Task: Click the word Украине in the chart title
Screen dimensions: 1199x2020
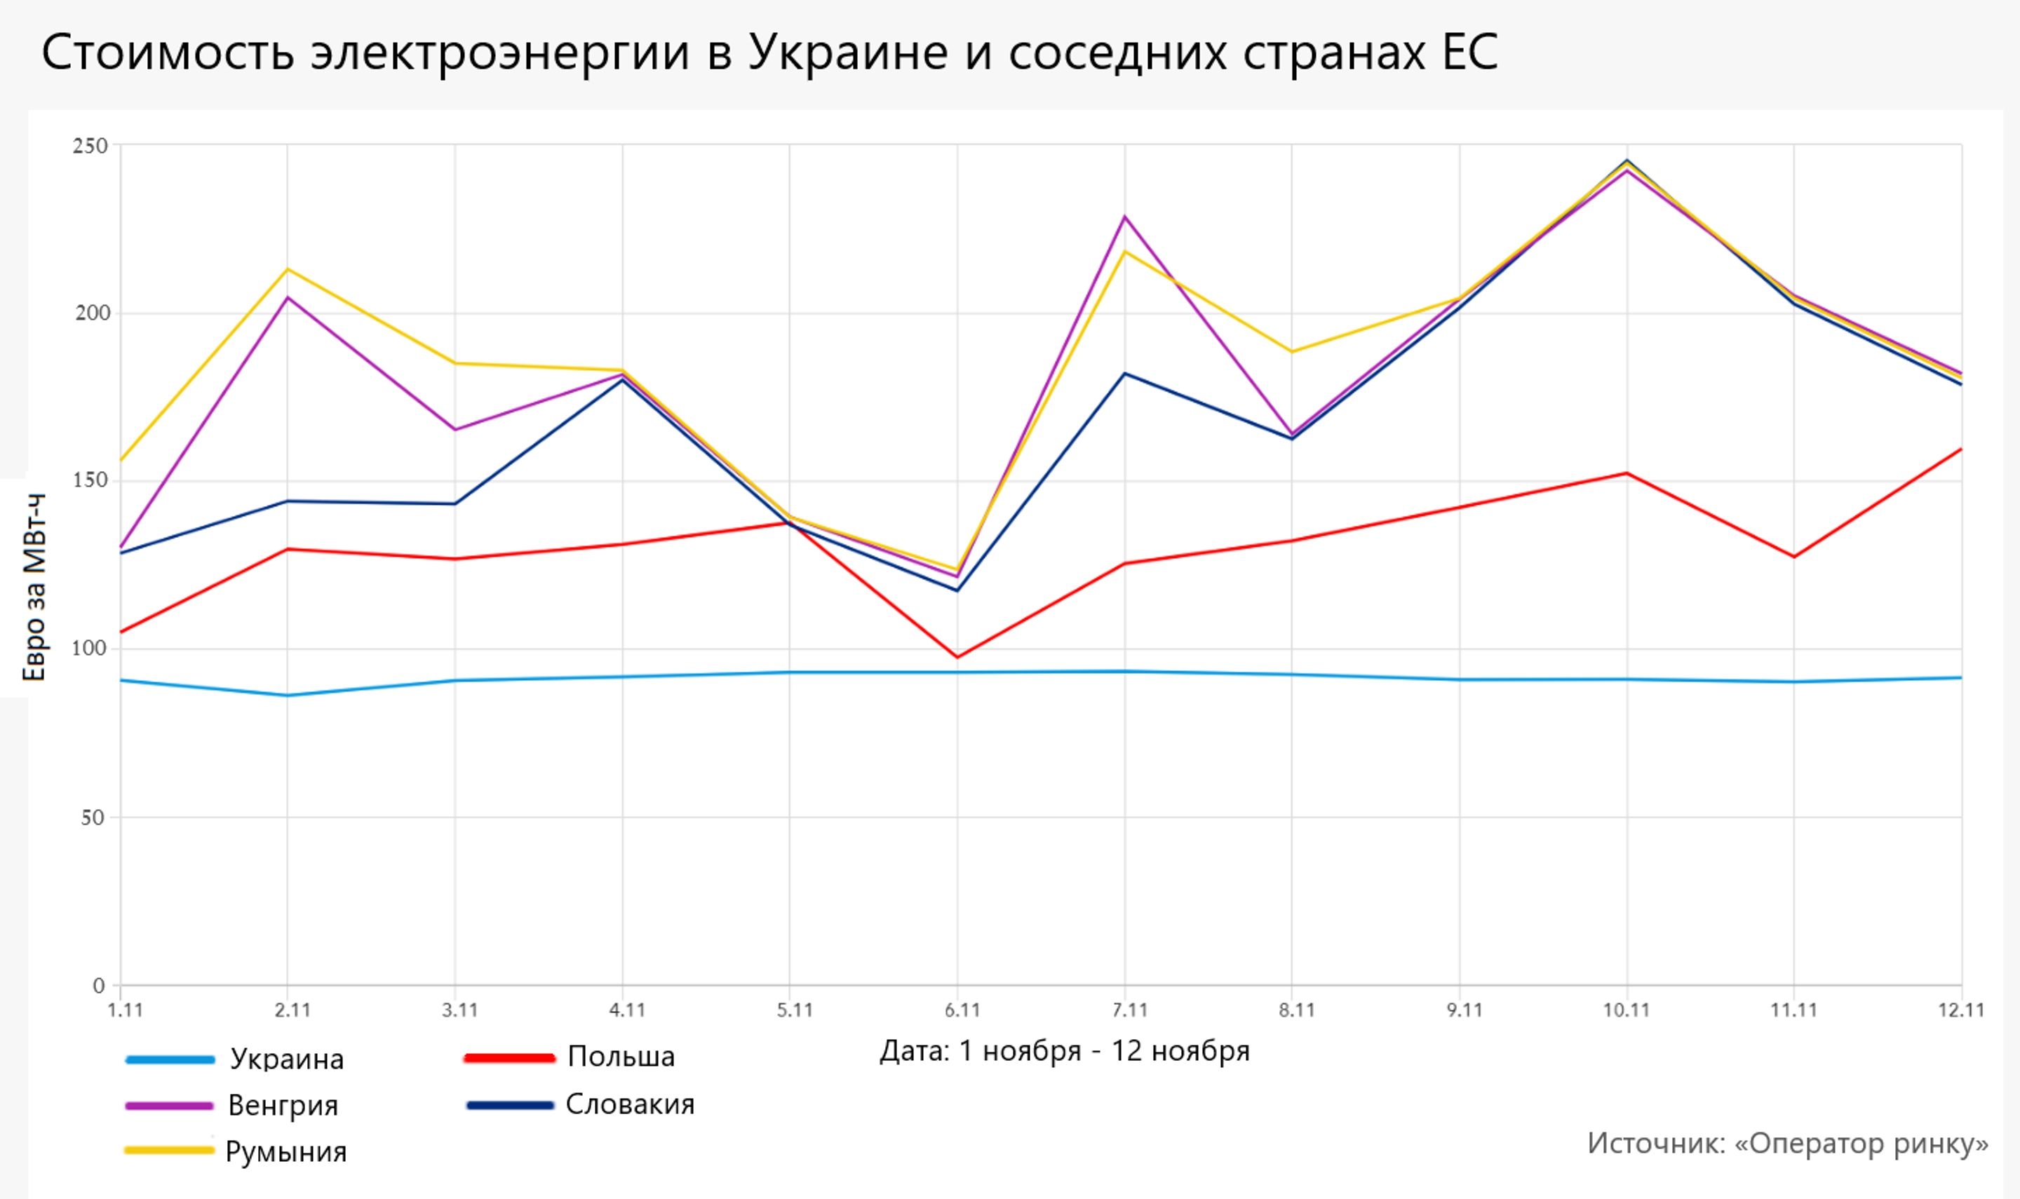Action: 847,53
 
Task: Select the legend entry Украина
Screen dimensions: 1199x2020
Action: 286,1059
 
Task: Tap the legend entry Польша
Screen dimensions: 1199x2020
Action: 621,1057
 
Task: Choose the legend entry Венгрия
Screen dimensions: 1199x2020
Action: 283,1105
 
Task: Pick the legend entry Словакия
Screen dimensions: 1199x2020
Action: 629,1104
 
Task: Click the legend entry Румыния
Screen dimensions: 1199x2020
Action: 285,1151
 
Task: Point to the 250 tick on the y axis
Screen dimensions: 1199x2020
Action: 90,147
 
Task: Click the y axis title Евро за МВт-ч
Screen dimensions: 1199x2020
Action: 34,588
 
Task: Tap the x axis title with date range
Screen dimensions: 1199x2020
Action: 1064,1051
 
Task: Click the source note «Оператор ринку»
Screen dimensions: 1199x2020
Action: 1787,1143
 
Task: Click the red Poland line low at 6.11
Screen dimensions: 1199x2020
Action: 957,657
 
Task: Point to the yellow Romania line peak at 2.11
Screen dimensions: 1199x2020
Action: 288,269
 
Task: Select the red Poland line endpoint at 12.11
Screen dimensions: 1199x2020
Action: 1960,449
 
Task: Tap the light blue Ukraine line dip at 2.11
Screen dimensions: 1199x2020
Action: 288,696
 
